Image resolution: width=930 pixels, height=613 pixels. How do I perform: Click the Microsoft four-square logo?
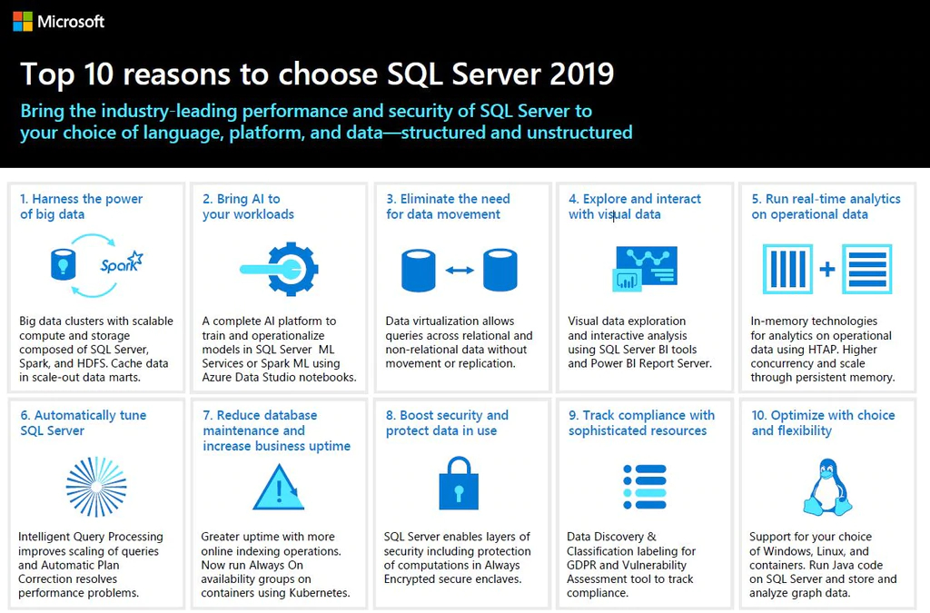[23, 21]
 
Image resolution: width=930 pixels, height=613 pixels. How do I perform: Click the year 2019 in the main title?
[574, 74]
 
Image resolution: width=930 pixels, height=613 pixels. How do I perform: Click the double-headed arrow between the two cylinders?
[460, 270]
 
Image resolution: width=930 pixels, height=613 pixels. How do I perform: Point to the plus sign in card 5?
[826, 270]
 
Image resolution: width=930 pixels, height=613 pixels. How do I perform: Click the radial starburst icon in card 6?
[96, 486]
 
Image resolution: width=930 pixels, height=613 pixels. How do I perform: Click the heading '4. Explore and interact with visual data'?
[635, 206]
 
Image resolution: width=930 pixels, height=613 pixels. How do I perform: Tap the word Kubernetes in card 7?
[319, 593]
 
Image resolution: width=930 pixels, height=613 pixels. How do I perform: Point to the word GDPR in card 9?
[585, 565]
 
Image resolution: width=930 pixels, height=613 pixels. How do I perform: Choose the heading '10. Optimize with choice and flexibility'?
[823, 422]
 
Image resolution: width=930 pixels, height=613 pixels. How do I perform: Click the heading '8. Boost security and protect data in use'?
[447, 422]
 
